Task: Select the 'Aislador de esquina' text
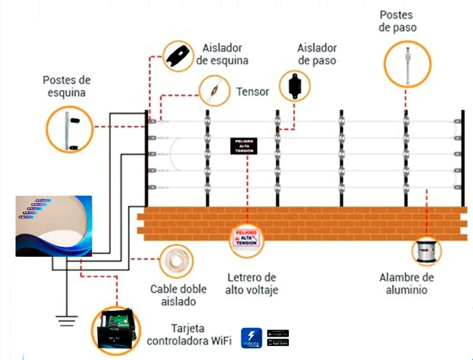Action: coord(222,55)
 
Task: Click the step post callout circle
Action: coord(406,61)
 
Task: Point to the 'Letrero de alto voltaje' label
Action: coord(250,283)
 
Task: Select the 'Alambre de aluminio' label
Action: coord(407,283)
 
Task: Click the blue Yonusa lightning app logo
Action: coord(251,337)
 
